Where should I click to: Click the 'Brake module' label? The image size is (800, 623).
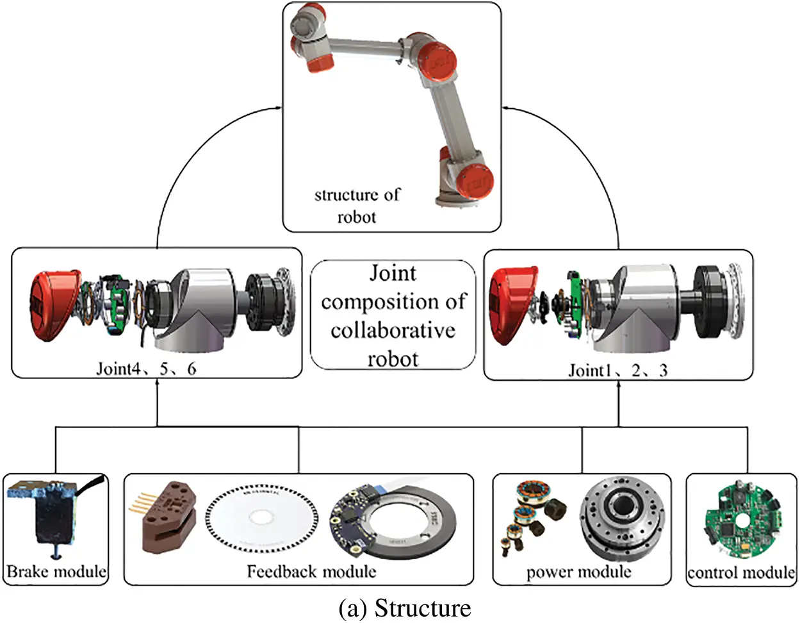[56, 571]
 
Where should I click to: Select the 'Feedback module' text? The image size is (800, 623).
[311, 571]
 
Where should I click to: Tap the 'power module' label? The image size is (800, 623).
[578, 572]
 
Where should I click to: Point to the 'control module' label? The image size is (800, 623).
[741, 572]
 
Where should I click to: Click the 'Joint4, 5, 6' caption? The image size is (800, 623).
[146, 369]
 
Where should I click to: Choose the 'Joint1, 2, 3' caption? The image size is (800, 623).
[618, 370]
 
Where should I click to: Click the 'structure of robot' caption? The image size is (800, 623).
[357, 205]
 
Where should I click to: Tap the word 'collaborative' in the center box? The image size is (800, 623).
[393, 330]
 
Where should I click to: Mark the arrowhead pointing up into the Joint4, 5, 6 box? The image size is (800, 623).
[158, 385]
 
